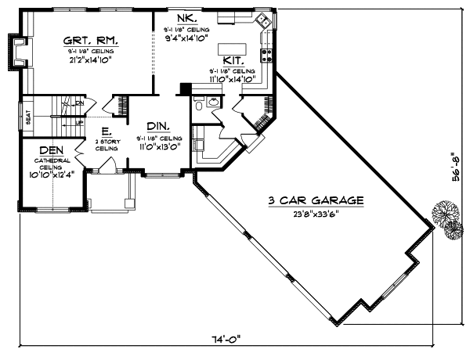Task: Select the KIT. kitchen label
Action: (232, 59)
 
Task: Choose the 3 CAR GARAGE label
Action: (316, 200)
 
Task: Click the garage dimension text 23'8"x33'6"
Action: (316, 212)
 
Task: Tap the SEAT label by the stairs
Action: (28, 117)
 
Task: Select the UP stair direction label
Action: (78, 123)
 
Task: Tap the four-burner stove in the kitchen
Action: (266, 54)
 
